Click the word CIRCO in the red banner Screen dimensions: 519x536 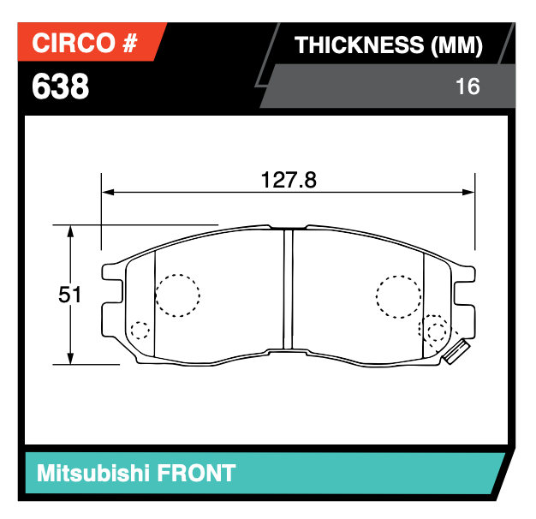pyautogui.click(x=74, y=44)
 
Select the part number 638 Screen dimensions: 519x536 pyautogui.click(x=60, y=86)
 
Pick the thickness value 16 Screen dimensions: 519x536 pyautogui.click(x=468, y=86)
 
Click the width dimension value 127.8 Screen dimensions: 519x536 pyautogui.click(x=289, y=180)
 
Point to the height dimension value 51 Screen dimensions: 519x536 pyautogui.click(x=70, y=295)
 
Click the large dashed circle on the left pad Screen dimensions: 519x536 pyautogui.click(x=177, y=295)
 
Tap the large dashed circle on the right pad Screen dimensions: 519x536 pyautogui.click(x=398, y=296)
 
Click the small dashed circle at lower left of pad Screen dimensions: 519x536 pyautogui.click(x=140, y=331)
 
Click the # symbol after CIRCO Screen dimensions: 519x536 pyautogui.click(x=129, y=44)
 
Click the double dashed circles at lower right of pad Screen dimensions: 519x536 pyautogui.click(x=435, y=331)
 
